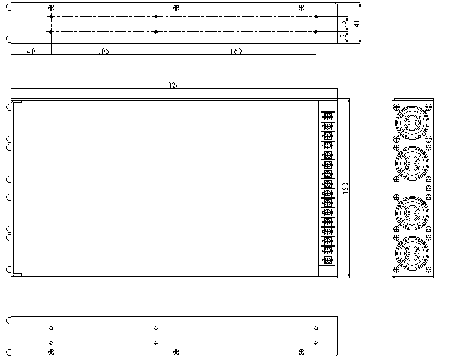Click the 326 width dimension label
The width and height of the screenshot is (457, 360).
tap(174, 86)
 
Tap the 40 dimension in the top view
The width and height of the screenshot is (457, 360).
tap(31, 52)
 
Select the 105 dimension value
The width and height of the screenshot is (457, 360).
tap(103, 52)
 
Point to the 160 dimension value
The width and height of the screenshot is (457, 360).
tap(236, 52)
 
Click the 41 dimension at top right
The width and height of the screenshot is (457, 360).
tap(357, 23)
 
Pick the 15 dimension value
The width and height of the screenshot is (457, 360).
tap(343, 24)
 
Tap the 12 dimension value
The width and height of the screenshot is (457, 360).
tap(343, 37)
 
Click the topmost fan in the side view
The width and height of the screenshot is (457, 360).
tap(412, 123)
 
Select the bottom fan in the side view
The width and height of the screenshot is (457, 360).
tap(412, 252)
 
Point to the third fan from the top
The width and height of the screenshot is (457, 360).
tap(412, 213)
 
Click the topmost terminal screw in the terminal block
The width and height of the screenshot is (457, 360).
tap(327, 117)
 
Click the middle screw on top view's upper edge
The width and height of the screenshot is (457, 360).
tap(175, 8)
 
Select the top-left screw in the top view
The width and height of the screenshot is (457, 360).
tap(51, 8)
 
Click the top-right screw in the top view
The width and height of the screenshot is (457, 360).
tap(301, 8)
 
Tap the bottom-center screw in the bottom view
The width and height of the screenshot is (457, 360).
tap(175, 352)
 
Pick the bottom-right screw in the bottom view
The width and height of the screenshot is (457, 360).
tap(301, 352)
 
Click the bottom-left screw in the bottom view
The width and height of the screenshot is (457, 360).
tap(51, 352)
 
